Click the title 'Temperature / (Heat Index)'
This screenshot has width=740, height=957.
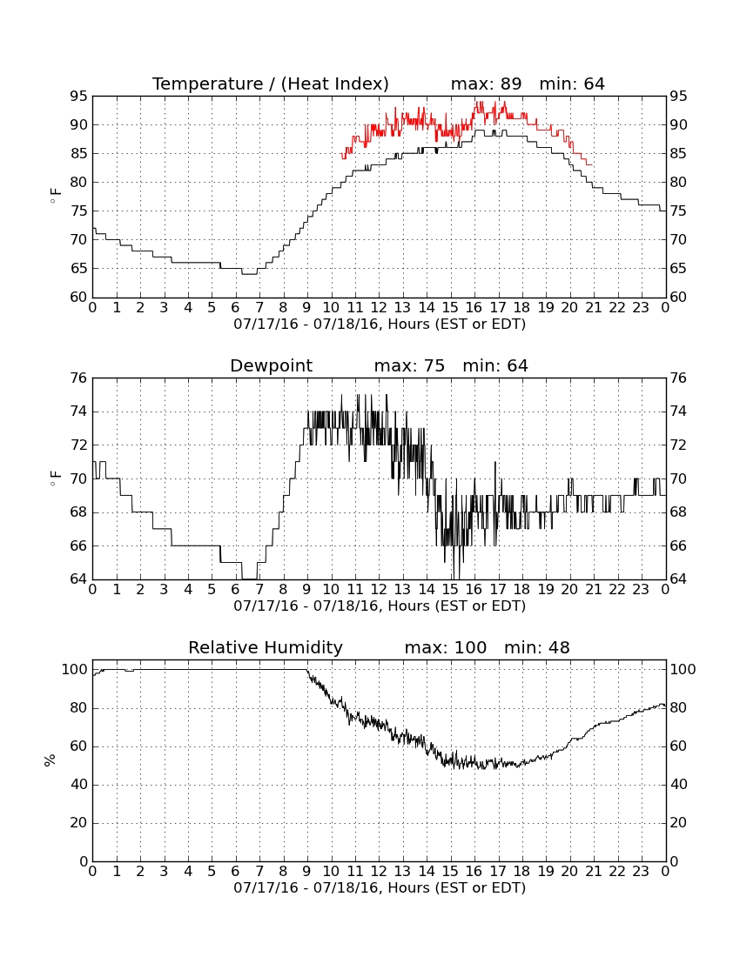271,84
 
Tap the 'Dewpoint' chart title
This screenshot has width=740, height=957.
271,365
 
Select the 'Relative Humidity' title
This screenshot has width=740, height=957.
266,647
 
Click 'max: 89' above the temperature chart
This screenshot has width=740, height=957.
486,84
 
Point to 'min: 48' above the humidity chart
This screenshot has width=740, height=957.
536,647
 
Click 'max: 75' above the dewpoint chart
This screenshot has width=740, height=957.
409,365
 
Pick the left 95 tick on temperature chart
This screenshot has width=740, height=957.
79,96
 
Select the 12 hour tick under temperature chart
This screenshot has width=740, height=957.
379,308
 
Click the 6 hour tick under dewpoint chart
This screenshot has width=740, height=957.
236,590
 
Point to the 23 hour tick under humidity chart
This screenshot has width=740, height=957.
641,872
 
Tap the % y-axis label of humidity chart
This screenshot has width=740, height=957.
50,760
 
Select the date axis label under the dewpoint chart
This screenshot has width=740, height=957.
380,606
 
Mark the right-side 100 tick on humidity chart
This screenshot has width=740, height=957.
683,669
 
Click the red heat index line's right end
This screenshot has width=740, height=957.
592,164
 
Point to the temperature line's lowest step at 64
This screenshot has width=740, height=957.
250,274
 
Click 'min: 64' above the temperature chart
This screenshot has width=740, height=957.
572,84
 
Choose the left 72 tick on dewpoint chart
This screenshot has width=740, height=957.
79,445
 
